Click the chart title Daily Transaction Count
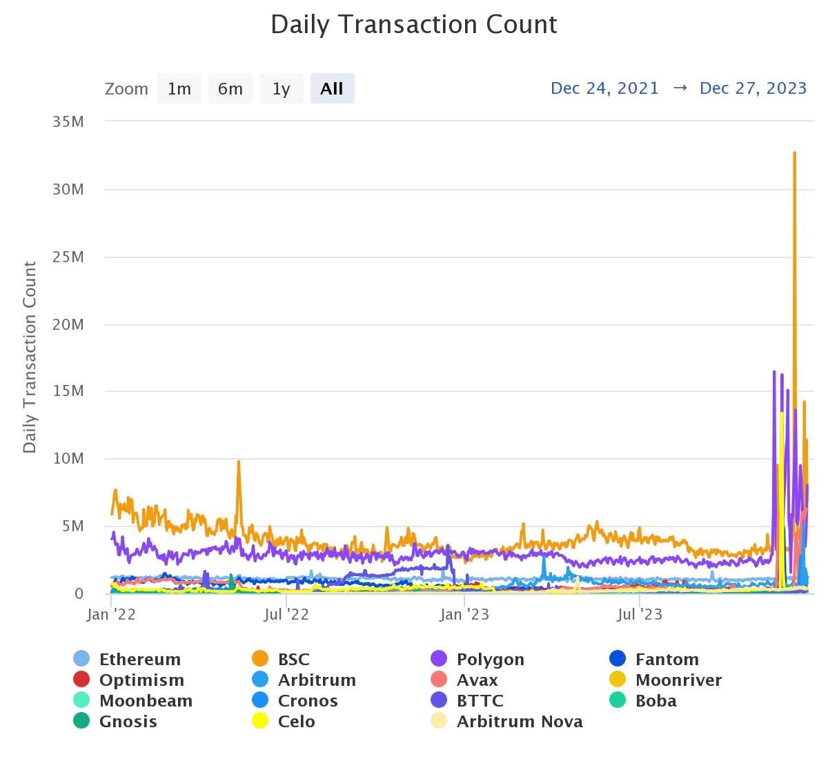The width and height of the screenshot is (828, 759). point(413,25)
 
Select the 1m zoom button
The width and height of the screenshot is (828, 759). point(179,89)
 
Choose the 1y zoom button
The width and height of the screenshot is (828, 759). point(281,89)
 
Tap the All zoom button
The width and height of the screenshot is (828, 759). point(332,89)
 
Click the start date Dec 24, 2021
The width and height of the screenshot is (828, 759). point(604,88)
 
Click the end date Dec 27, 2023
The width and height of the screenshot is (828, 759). point(753,88)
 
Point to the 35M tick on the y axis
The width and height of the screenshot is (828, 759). point(68,122)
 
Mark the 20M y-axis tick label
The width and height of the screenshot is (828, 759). point(68,324)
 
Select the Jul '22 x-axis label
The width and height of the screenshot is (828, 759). point(286,615)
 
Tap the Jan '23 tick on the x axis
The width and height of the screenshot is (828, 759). point(464,615)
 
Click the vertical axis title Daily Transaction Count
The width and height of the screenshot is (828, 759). point(30,357)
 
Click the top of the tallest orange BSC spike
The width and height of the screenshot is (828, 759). point(795,153)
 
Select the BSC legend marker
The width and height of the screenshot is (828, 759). point(260,660)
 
